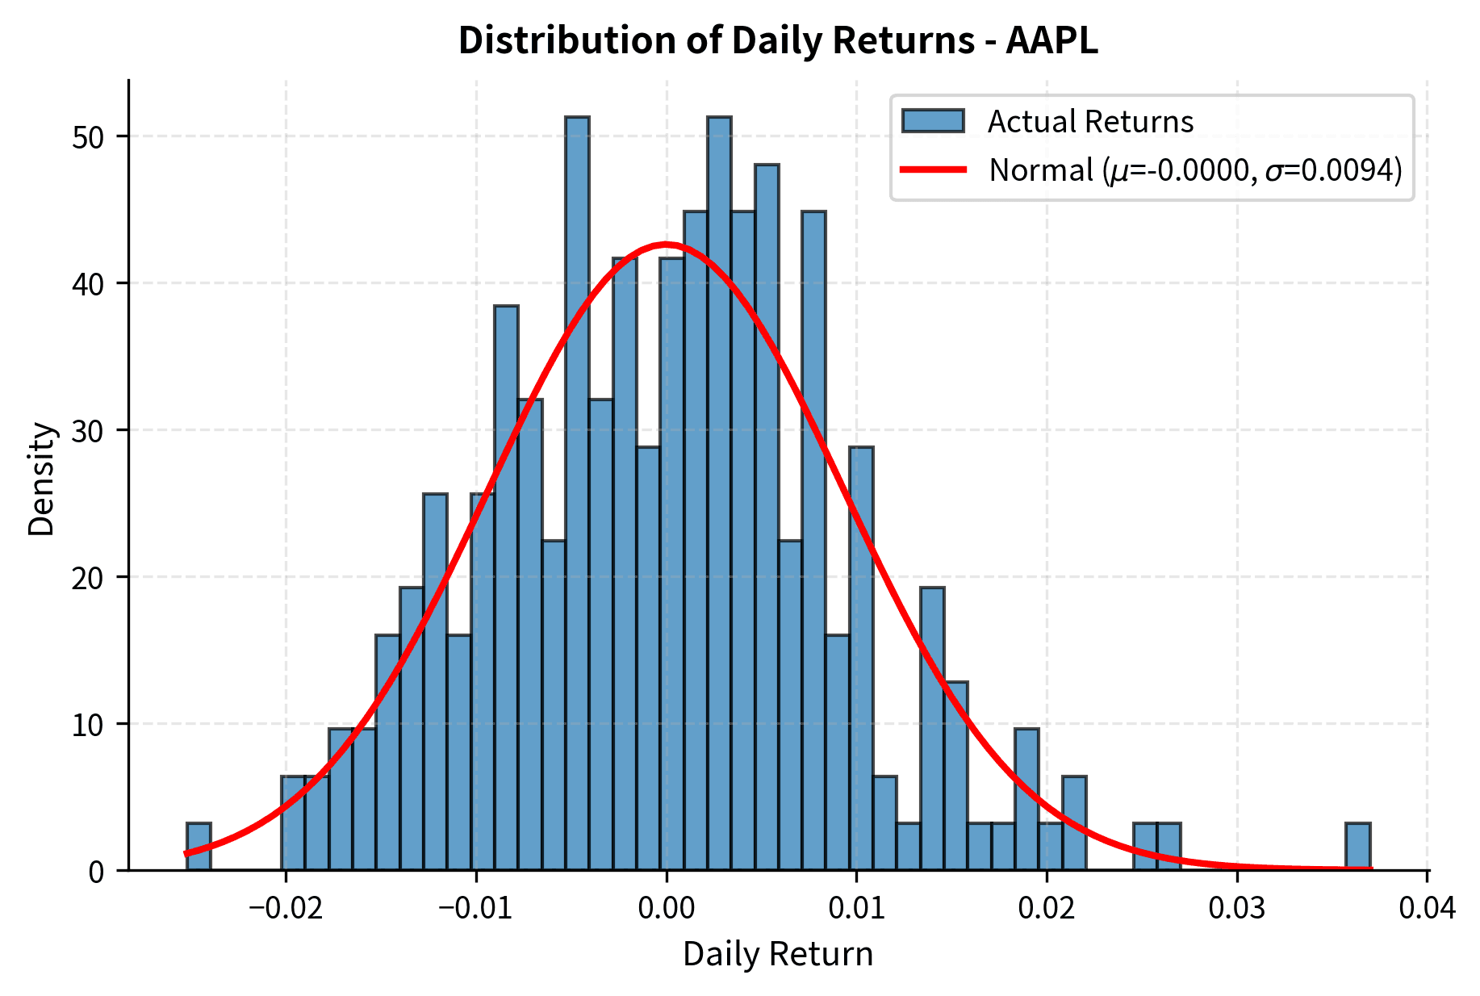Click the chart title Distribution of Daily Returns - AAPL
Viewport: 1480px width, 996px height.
(x=778, y=40)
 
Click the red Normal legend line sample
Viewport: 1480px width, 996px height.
(x=933, y=169)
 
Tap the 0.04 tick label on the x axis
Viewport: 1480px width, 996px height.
(x=1426, y=908)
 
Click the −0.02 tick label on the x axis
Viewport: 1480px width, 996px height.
(x=286, y=908)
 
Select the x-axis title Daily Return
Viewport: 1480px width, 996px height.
(x=778, y=954)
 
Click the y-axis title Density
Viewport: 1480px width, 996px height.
(x=42, y=479)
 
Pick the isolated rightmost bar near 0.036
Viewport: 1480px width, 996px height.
(x=1357, y=847)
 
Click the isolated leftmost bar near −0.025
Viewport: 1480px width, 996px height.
(x=199, y=847)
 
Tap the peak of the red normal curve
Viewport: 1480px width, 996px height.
(x=665, y=244)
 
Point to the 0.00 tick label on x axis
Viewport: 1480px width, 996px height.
(x=666, y=908)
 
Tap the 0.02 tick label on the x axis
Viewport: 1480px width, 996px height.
(x=1046, y=908)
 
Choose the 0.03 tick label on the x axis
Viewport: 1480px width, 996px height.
(x=1236, y=908)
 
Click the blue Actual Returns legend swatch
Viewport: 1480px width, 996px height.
(x=933, y=121)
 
